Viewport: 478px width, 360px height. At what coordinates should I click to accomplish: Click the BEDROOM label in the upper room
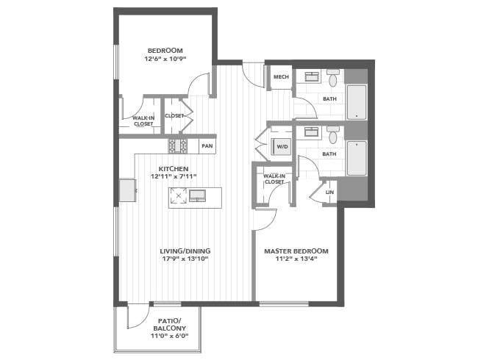point(165,51)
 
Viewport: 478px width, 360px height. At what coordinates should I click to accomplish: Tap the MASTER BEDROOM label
point(296,251)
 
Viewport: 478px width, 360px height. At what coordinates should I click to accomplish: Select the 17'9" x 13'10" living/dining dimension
point(185,259)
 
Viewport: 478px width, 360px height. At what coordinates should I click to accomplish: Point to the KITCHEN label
point(174,169)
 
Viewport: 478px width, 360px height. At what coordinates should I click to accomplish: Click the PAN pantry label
point(207,146)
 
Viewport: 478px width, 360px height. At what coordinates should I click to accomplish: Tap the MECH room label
point(281,76)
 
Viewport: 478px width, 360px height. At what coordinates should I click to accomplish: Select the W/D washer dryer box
point(282,146)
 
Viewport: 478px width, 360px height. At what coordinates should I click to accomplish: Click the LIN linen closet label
point(329,192)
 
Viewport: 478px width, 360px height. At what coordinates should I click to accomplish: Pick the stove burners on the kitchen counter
point(178,145)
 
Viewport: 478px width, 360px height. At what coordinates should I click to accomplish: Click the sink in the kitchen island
point(198,195)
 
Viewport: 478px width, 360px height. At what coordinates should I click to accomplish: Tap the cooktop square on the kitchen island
point(179,196)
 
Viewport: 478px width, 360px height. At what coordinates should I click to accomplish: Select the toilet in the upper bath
point(333,78)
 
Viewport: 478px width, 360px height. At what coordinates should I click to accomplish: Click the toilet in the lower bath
point(333,135)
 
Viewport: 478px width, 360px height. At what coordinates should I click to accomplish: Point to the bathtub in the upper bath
point(357,102)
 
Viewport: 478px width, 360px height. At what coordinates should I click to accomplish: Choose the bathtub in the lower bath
point(357,159)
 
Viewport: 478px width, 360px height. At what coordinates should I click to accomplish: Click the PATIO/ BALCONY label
point(170,325)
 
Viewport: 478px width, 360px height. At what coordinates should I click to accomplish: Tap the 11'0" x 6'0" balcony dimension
point(170,336)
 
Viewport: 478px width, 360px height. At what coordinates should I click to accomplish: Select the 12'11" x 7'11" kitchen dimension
point(174,176)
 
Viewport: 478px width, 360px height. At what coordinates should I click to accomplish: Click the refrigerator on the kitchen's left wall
point(127,190)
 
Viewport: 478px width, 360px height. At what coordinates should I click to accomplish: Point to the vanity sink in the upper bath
point(312,76)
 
